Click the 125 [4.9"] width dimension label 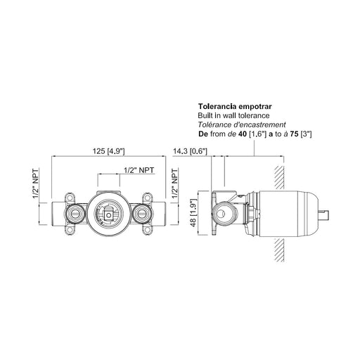108,151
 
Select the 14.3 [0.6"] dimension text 190,151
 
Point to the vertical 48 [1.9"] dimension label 193,213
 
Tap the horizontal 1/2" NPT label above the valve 139,170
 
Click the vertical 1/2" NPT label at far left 36,183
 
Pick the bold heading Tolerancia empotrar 235,106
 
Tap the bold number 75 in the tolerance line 295,134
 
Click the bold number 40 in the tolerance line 243,134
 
